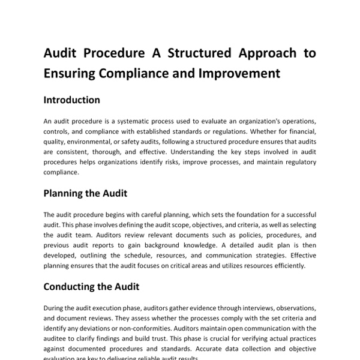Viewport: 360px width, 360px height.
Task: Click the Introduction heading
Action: point(72,100)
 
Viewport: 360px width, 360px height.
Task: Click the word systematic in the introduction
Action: point(127,121)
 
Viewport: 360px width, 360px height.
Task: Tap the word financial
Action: point(300,131)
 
